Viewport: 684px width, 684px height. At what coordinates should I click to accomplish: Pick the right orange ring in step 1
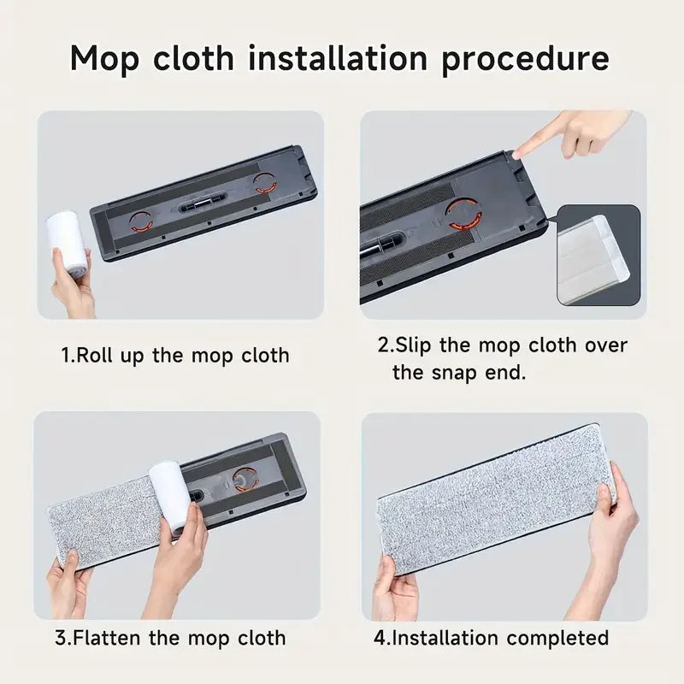(265, 182)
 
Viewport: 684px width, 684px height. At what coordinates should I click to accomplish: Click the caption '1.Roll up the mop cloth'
(175, 355)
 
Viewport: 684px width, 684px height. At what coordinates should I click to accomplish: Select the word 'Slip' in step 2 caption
(418, 345)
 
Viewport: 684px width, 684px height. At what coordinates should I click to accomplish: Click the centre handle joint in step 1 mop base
(202, 205)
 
